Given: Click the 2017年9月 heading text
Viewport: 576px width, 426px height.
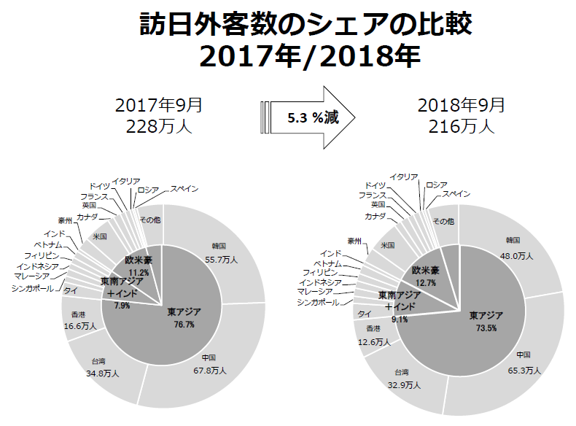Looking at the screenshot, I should point(159,105).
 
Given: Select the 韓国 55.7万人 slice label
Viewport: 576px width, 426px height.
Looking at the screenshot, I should point(219,251).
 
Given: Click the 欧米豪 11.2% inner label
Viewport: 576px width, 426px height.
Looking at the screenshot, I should point(138,266).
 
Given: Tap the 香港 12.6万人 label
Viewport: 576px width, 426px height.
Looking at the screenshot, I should point(373,336).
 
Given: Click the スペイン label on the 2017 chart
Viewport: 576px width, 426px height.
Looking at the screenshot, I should point(184,189).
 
